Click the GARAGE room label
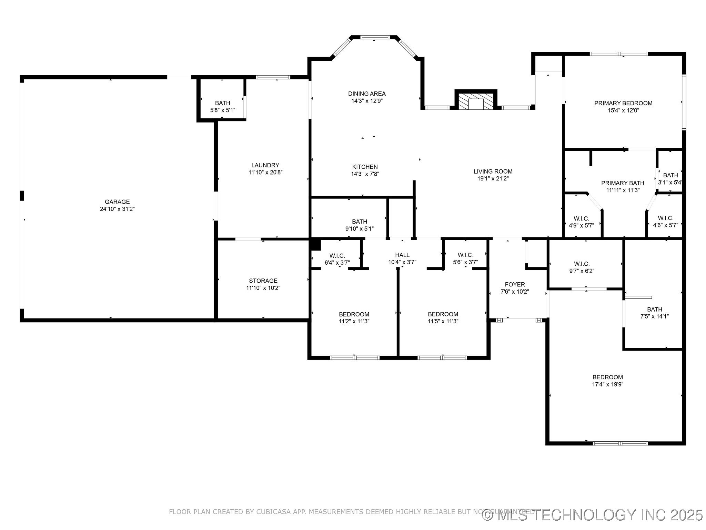coord(117,202)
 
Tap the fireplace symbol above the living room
coord(476,101)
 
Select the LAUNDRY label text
coord(265,165)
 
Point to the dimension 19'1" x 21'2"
coord(493,178)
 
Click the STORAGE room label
coord(263,281)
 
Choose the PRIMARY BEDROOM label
coord(623,103)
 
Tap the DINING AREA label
coord(367,94)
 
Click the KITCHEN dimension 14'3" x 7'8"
coord(365,174)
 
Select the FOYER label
coord(515,284)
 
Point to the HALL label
coord(402,255)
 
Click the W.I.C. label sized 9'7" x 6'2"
coord(582,264)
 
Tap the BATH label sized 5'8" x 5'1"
coord(223,103)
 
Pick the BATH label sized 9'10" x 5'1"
coord(360,222)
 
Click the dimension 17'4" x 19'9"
coord(608,384)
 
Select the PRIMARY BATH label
coord(623,183)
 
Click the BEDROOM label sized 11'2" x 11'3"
coord(354,314)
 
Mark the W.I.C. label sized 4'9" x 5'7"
coord(582,218)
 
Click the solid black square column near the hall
coord(315,244)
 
